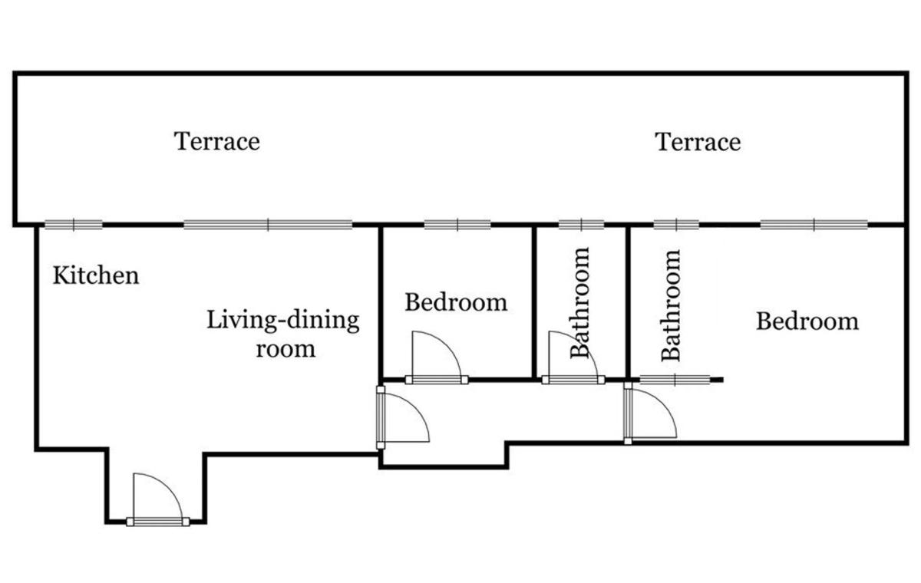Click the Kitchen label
96,275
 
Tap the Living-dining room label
283,334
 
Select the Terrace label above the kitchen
216,141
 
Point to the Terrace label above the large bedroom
698,142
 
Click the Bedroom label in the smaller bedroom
456,302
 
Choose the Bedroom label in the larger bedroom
807,321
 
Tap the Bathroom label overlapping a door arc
580,303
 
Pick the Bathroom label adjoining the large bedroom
671,305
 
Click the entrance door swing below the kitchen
158,499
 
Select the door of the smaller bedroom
437,357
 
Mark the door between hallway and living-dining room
403,417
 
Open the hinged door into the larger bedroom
650,413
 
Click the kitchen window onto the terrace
74,225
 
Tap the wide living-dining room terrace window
268,225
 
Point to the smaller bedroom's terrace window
457,225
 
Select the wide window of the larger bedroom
814,225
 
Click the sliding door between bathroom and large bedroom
675,380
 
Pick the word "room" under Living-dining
286,350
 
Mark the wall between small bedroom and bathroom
534,302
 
